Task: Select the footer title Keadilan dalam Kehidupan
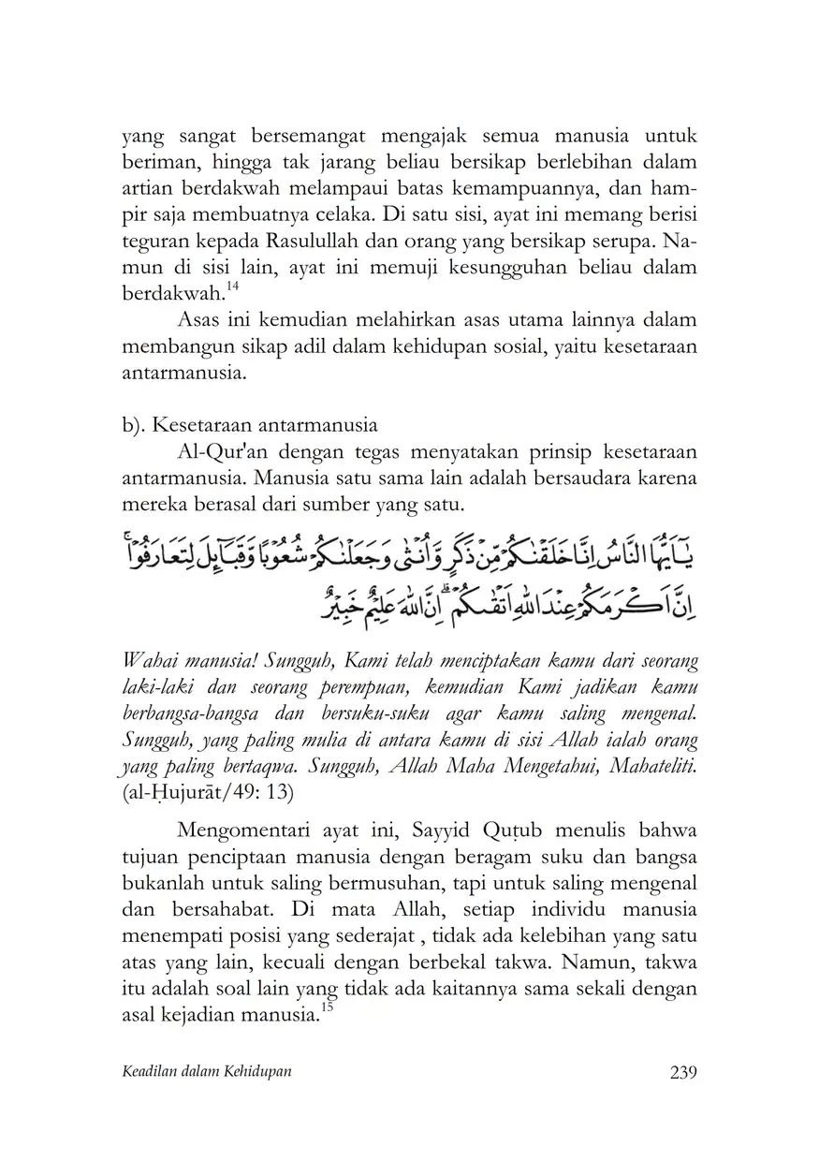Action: (x=206, y=1073)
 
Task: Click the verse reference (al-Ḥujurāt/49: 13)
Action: (x=209, y=794)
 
